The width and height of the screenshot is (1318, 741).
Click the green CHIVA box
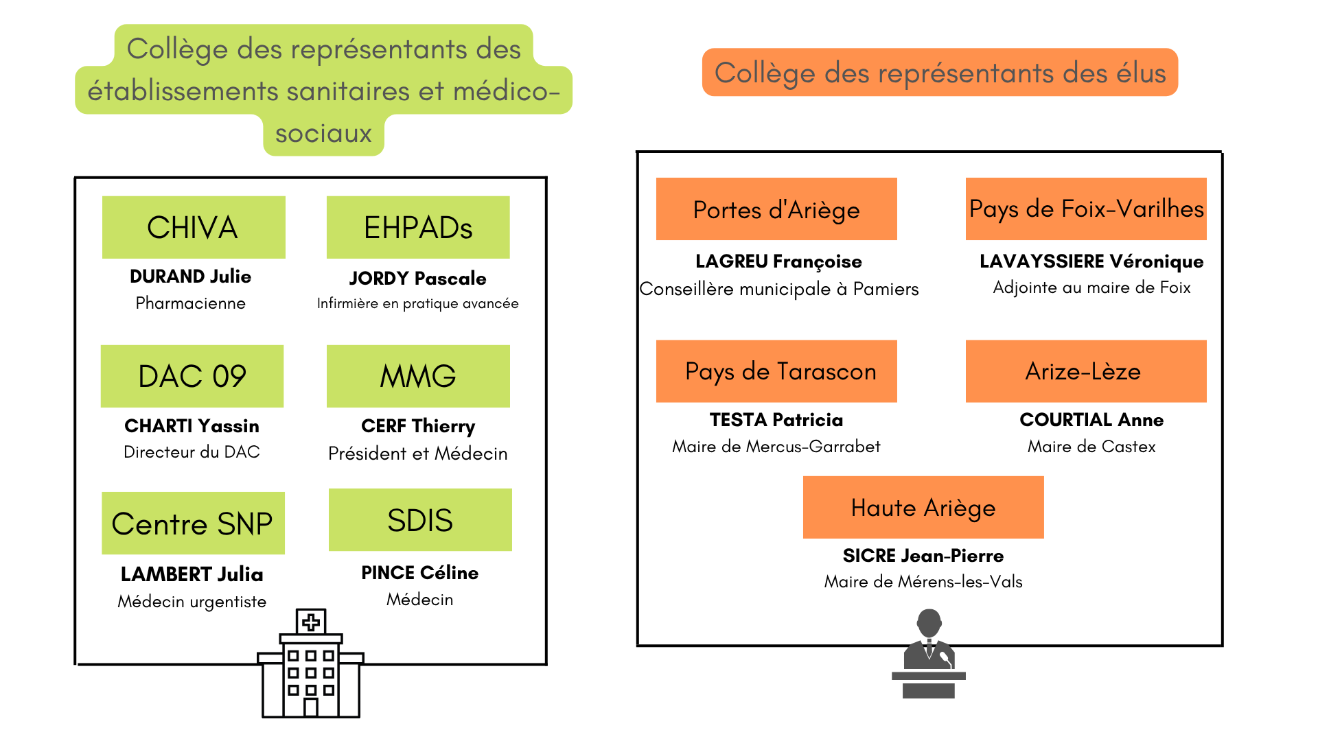[194, 227]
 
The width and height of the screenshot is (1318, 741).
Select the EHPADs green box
[418, 227]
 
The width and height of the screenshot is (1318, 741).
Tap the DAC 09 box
[192, 376]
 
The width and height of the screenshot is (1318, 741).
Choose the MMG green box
[418, 376]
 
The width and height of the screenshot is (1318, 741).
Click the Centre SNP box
[193, 523]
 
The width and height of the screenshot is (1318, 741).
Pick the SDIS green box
[420, 519]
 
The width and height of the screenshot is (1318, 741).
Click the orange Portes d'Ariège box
[776, 209]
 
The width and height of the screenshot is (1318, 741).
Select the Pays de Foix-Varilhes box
[1086, 209]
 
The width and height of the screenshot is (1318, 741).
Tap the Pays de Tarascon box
[776, 371]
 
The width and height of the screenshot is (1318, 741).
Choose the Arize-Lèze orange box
[1086, 371]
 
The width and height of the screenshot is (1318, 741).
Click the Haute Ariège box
[923, 507]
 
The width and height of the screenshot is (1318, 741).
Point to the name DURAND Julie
[191, 277]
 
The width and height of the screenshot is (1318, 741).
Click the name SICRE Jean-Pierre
[923, 556]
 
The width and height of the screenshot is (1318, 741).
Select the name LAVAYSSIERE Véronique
[1091, 261]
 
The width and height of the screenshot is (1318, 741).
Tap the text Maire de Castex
[1091, 447]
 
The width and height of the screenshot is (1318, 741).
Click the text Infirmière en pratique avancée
[418, 303]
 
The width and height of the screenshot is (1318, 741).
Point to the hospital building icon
[311, 663]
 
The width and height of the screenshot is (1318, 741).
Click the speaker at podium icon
[929, 653]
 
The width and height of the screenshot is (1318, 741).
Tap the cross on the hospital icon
[311, 622]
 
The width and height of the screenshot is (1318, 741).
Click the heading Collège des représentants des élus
[940, 73]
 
